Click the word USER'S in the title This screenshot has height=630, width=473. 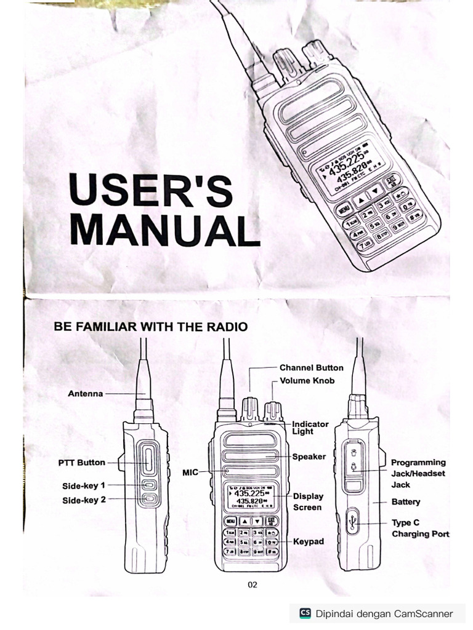pos(151,190)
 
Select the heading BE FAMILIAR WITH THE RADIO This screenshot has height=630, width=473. pos(151,327)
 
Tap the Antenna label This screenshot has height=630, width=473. pos(85,393)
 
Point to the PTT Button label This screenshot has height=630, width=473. pos(82,463)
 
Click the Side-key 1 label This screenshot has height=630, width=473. pos(84,485)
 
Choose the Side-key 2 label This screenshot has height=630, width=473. pos(84,500)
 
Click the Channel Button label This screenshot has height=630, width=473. pos(311,367)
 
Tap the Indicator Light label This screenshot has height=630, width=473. pos(310,428)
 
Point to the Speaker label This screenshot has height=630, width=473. pos(309,457)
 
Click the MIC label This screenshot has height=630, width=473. pos(190,472)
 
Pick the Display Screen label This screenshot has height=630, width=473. pos(307,501)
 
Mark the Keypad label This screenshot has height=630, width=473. pos(309,541)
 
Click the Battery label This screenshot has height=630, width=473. pos(406,502)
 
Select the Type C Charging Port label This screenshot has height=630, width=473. pos(420,528)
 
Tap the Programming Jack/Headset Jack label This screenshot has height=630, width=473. pos(418,473)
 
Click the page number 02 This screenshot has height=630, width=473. pos(253,584)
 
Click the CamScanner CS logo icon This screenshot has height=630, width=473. pos(305,613)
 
